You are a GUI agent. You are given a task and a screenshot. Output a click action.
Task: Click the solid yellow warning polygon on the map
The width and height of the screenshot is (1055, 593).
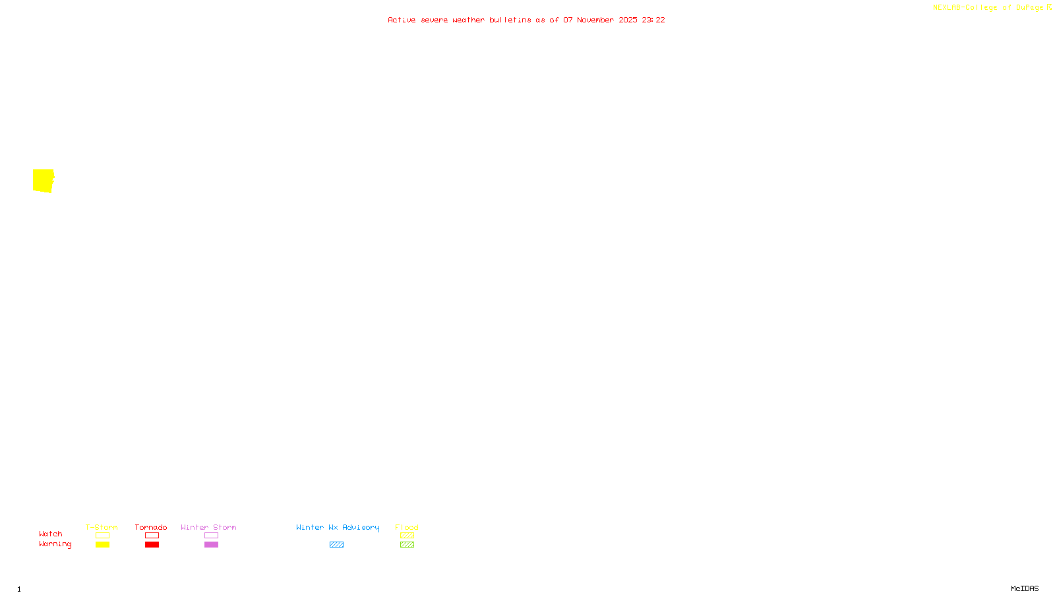point(43,181)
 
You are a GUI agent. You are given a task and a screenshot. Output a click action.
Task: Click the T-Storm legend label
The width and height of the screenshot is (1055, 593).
point(102,527)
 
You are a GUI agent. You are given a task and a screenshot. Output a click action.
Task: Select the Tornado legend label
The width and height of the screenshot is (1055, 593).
point(151,527)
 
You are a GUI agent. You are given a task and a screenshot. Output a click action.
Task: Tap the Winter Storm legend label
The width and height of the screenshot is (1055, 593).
point(208,527)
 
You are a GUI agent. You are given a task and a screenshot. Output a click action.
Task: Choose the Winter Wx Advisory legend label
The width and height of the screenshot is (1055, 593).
point(338,527)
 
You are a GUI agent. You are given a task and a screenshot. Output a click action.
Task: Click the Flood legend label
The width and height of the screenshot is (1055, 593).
point(407,527)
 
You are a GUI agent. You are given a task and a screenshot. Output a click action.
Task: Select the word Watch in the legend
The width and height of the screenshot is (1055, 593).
point(51,534)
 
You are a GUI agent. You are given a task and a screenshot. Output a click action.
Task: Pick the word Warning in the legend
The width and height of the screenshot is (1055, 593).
point(55,544)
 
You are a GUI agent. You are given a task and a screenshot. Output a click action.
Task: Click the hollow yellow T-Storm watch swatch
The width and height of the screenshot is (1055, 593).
point(102,536)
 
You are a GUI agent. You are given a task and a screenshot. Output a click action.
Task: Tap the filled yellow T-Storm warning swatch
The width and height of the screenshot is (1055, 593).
point(102,545)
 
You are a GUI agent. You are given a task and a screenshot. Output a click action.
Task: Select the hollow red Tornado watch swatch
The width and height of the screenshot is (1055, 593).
point(152,536)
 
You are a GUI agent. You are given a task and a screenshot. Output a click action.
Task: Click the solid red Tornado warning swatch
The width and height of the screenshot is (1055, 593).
point(152,545)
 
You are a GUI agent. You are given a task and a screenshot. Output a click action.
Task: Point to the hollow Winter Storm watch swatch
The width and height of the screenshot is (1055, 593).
point(211,536)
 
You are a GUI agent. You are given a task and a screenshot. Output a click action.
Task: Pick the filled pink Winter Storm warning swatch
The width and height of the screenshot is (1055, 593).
point(211,545)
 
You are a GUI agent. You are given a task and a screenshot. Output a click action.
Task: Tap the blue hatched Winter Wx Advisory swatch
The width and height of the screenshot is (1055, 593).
point(336,545)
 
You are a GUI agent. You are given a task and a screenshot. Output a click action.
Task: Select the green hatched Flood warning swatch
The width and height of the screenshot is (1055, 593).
point(407,545)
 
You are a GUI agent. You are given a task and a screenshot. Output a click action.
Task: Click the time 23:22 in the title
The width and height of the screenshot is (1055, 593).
point(653,20)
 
